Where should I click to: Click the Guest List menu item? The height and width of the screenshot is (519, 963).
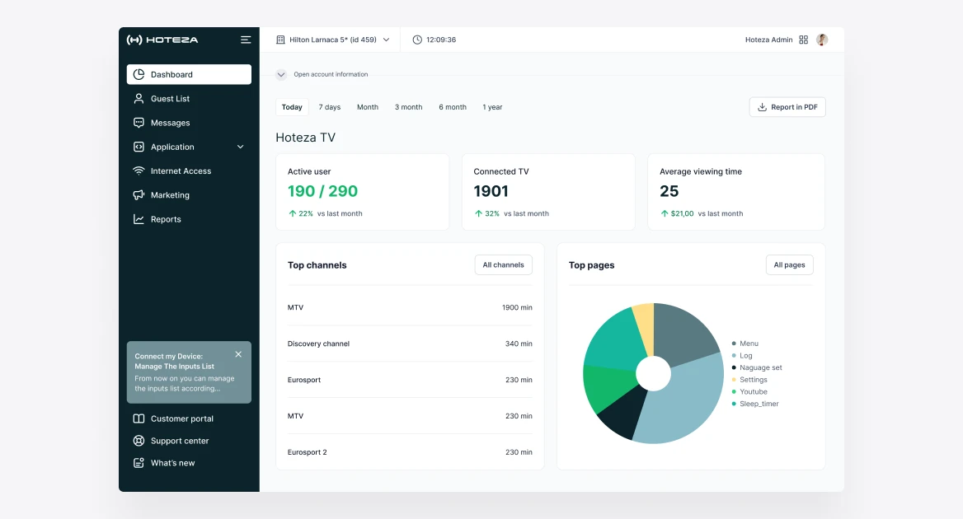[x=170, y=99]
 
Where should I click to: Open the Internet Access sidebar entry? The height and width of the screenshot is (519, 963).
[x=181, y=171]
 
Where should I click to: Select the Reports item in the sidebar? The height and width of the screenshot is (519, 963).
[x=166, y=219]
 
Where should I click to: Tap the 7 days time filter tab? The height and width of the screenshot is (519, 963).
[x=329, y=107]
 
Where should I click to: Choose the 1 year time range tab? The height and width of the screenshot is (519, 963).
[x=492, y=107]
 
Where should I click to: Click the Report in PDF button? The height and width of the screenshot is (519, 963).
[x=787, y=107]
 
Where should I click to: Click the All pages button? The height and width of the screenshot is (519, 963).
[x=789, y=265]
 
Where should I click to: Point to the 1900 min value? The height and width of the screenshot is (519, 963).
[x=517, y=307]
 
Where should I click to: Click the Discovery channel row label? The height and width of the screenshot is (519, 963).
[x=318, y=344]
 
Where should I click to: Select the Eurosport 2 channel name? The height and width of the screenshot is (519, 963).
[x=307, y=452]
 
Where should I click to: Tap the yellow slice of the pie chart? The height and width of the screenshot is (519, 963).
[x=644, y=325]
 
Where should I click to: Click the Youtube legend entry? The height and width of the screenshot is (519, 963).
[x=749, y=392]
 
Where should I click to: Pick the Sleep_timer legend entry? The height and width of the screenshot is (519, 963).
[x=754, y=404]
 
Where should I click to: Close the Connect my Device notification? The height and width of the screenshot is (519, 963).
[x=238, y=354]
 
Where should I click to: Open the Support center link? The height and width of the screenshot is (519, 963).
[x=180, y=441]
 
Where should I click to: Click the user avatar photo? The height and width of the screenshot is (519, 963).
[x=822, y=40]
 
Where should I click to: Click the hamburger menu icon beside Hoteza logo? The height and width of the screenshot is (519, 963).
[x=246, y=40]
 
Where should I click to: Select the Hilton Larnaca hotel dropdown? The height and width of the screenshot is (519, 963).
[x=333, y=40]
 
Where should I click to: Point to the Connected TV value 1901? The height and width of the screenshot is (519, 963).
[x=491, y=191]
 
